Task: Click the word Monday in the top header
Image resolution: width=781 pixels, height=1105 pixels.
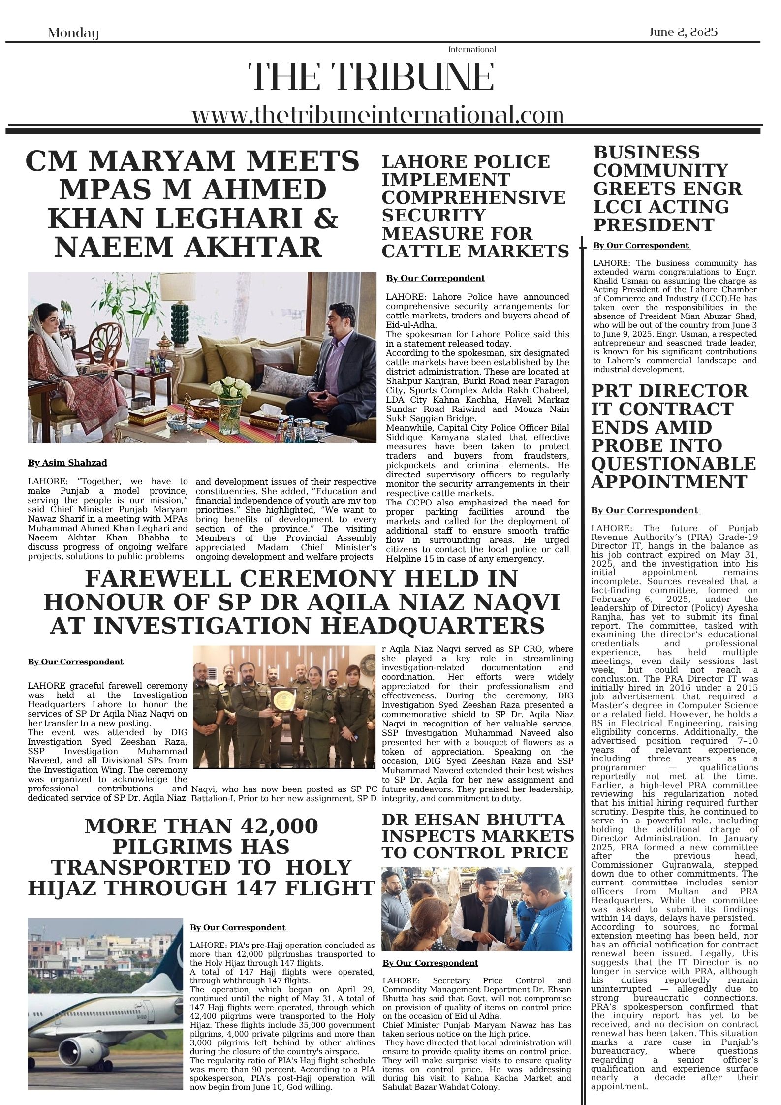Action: [x=73, y=33]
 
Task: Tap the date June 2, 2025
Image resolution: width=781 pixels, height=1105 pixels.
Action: [x=683, y=32]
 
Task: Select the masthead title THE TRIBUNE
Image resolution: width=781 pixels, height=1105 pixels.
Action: [x=371, y=77]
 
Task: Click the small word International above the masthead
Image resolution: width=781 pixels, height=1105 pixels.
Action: [x=471, y=49]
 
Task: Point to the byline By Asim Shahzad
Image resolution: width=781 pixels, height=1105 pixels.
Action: [x=67, y=463]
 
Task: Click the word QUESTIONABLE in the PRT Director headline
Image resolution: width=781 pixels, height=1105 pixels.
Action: [x=673, y=464]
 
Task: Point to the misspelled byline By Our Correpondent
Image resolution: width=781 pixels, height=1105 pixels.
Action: [x=435, y=278]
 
